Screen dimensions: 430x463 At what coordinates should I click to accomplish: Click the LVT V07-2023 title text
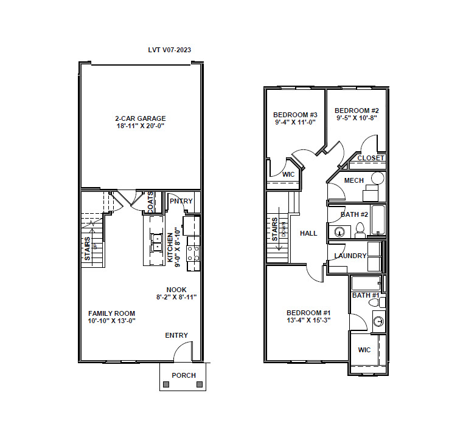[x=170, y=50]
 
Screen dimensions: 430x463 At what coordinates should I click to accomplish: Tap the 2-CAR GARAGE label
[x=141, y=118]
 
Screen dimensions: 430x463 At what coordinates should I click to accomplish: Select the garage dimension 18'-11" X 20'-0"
[x=141, y=126]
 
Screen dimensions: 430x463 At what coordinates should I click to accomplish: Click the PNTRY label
[x=181, y=201]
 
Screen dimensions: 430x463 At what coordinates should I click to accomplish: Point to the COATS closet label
[x=150, y=202]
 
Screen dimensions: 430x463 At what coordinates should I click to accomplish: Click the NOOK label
[x=176, y=290]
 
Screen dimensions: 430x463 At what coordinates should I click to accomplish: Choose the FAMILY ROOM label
[x=111, y=313]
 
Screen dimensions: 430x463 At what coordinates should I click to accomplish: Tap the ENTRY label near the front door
[x=176, y=335]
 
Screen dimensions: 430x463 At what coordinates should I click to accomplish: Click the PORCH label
[x=183, y=375]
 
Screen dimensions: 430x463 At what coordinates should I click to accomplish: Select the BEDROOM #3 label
[x=295, y=115]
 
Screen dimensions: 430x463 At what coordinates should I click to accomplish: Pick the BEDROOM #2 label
[x=357, y=111]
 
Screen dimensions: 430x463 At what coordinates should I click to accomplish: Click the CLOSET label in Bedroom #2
[x=371, y=158]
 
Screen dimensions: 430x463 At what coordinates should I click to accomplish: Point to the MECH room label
[x=353, y=180]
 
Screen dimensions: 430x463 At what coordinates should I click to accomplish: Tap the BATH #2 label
[x=353, y=214]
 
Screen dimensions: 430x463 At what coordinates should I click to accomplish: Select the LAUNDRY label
[x=350, y=256]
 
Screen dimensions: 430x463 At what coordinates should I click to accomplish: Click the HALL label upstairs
[x=308, y=233]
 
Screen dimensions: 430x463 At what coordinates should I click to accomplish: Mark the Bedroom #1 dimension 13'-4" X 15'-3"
[x=308, y=321]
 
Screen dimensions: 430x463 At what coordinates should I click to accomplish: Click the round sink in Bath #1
[x=378, y=321]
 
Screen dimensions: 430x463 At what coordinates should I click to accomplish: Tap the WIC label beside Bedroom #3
[x=288, y=175]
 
